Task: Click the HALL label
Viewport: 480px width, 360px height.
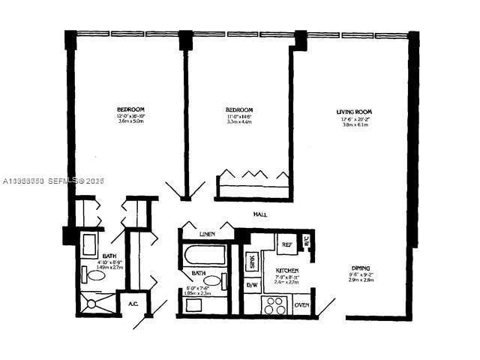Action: tap(261, 214)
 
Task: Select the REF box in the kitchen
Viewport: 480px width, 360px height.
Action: tap(286, 244)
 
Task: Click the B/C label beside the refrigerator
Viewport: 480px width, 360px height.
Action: tap(306, 241)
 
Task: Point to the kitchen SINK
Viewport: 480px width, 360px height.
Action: tap(253, 263)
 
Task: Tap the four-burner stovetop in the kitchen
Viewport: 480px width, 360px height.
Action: tap(273, 305)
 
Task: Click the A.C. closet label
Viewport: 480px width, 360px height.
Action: tap(132, 304)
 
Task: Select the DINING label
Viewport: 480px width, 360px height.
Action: tap(363, 268)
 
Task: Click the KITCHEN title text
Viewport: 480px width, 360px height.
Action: tap(287, 270)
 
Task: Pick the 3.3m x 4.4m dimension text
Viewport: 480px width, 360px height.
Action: tap(239, 121)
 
